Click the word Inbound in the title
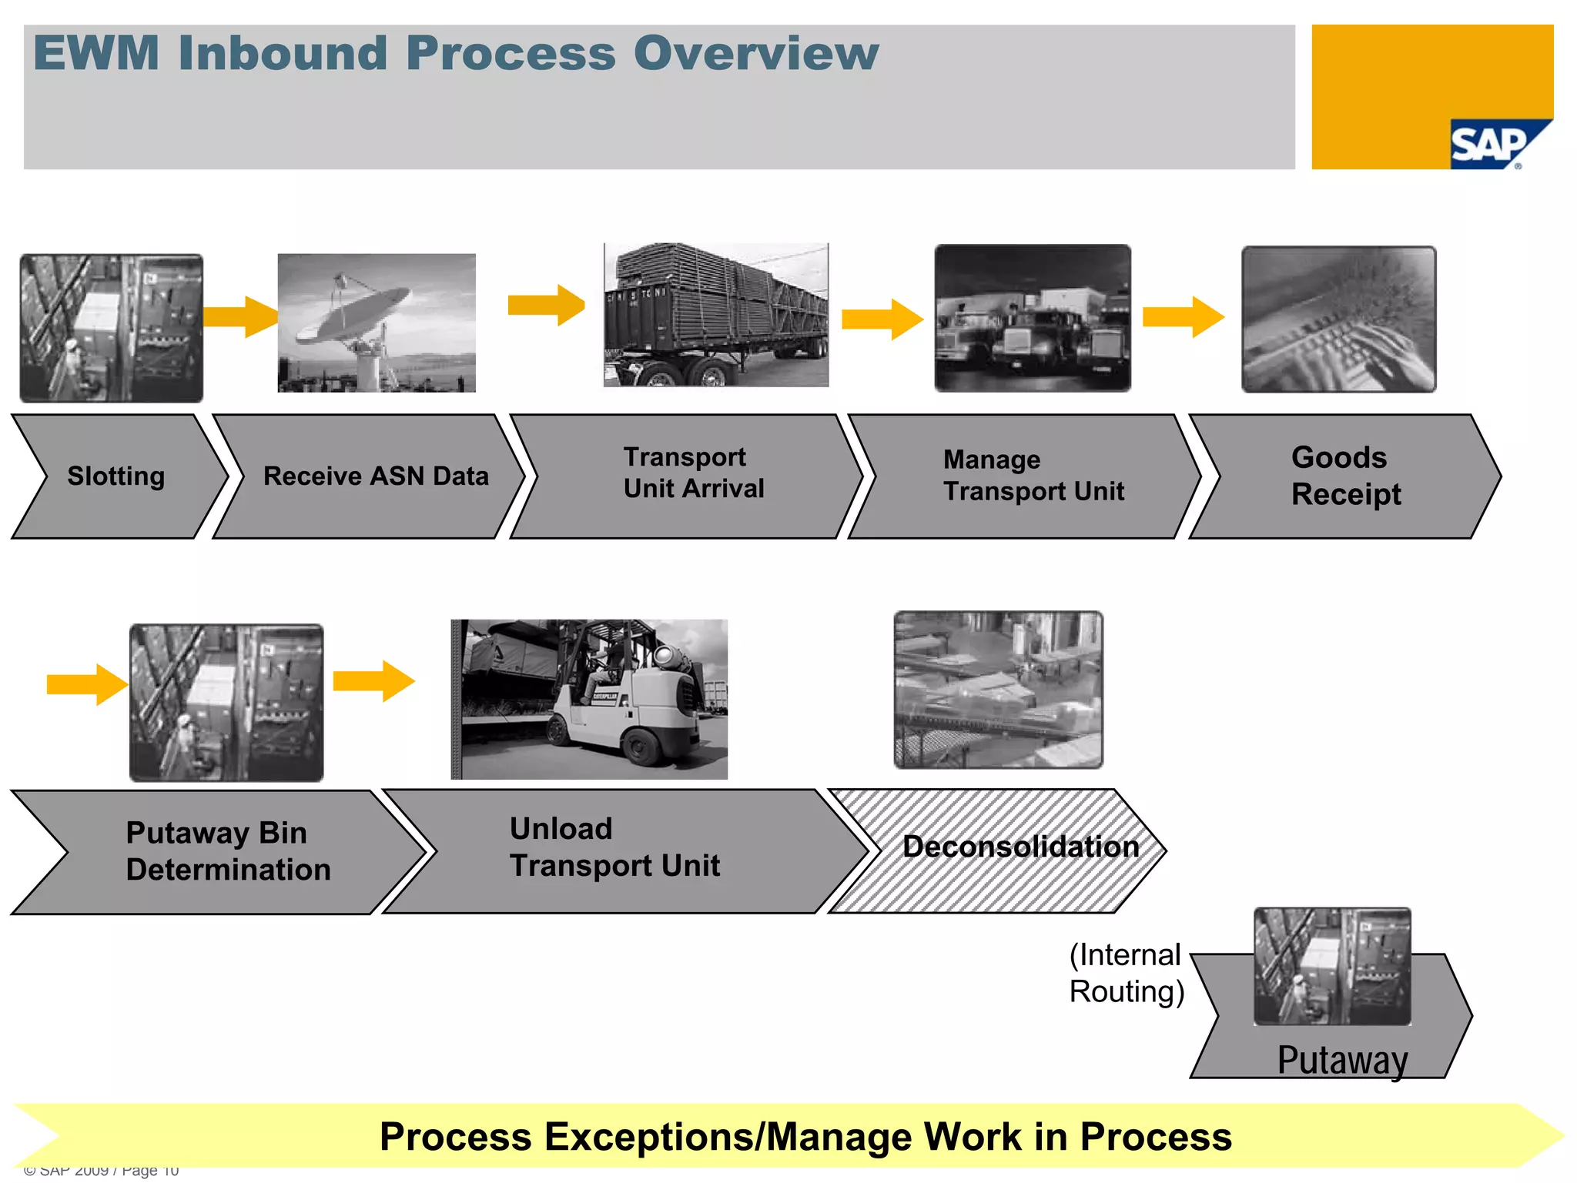coord(282,54)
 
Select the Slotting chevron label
coord(116,476)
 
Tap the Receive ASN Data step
coord(376,476)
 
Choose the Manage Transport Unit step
coord(1033,476)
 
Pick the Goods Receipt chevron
coord(1344,476)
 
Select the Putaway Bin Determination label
coord(227,851)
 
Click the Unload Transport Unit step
coord(614,847)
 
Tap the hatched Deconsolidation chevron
coord(1020,847)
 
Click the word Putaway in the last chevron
coord(1341,1060)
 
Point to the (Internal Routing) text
coord(1126,974)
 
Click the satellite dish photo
coord(377,323)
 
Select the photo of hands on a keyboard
coord(1338,320)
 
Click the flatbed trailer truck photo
coord(716,316)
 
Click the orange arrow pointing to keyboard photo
coord(1183,316)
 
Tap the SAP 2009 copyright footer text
coord(101,1171)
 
